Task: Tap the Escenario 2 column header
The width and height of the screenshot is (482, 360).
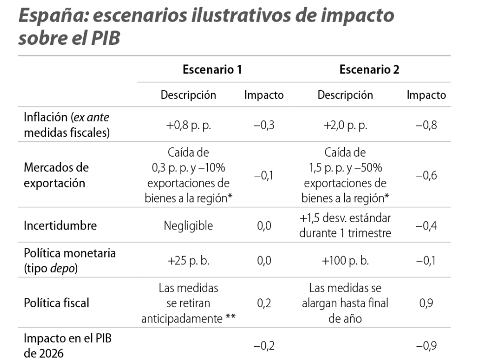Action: [x=369, y=70]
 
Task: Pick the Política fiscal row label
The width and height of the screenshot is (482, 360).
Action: [x=57, y=303]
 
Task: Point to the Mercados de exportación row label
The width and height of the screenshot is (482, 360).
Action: [x=56, y=175]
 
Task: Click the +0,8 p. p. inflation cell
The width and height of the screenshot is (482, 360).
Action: [x=189, y=125]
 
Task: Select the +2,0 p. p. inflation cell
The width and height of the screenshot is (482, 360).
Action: [x=345, y=125]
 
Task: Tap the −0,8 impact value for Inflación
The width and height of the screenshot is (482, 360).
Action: [x=426, y=125]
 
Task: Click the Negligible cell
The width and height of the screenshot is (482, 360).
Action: [x=189, y=226]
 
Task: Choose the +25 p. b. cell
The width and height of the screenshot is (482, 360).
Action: [x=189, y=261]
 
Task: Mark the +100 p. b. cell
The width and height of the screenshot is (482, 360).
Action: [x=345, y=261]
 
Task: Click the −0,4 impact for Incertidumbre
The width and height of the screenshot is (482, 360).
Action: [x=426, y=226]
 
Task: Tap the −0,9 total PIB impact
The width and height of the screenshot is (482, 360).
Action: [x=426, y=346]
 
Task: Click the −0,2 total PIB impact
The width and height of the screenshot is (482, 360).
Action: [x=264, y=346]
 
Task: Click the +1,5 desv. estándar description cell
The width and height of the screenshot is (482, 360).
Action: [x=345, y=226]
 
